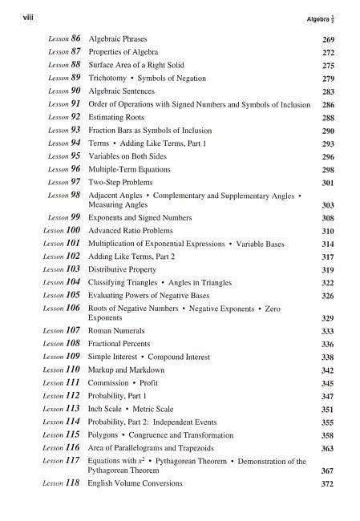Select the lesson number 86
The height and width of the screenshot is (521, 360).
(76, 38)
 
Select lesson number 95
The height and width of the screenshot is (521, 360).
(76, 155)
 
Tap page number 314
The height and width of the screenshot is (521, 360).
(328, 244)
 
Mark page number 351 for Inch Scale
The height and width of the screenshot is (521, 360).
(328, 410)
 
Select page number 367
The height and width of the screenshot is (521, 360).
(328, 472)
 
